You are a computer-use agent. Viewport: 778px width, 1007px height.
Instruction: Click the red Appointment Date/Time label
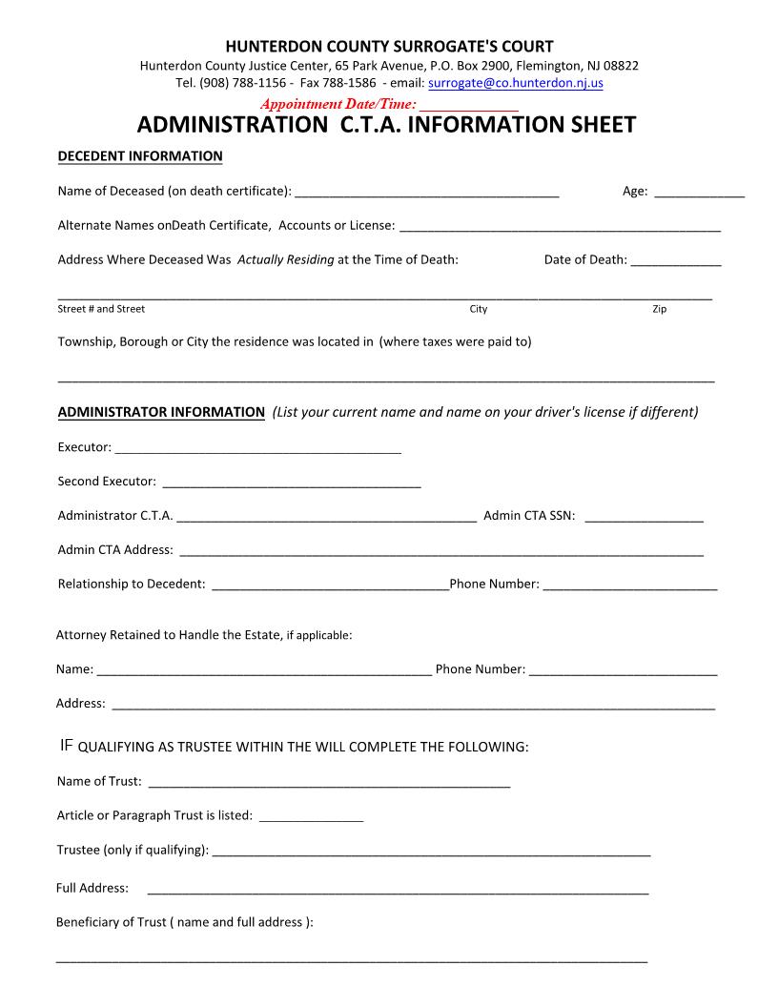(338, 103)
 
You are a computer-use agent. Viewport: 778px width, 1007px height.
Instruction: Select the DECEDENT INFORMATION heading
(140, 155)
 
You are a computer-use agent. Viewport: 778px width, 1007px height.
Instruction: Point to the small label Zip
(659, 309)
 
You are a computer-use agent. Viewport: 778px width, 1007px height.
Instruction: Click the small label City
(479, 309)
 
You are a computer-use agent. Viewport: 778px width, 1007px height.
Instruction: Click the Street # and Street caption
(101, 309)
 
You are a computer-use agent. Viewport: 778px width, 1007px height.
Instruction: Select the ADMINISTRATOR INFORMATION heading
(161, 412)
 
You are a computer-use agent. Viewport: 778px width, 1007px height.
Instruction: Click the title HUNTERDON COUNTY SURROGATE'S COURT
(389, 47)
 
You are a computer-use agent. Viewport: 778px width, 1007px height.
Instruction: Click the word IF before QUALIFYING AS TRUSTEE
(66, 745)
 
